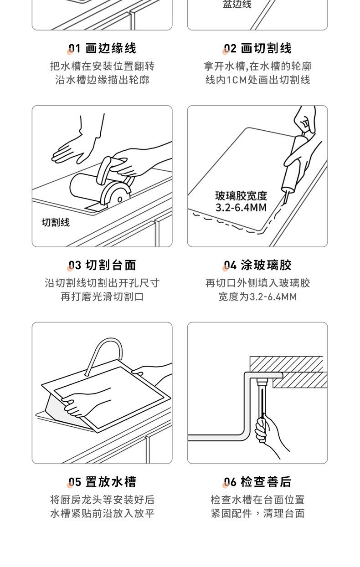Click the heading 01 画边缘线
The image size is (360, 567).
[103, 48]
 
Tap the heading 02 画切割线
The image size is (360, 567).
[257, 48]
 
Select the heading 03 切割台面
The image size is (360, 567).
[103, 265]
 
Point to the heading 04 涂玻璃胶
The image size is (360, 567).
[257, 265]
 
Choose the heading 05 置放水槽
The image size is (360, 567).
[103, 482]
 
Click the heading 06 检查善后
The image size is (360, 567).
[257, 482]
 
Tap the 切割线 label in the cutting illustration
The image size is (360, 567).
[56, 222]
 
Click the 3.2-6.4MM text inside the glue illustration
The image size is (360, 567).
[241, 208]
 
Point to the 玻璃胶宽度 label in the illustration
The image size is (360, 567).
[241, 196]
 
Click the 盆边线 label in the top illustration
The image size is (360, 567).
[237, 4]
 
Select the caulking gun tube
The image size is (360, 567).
[294, 164]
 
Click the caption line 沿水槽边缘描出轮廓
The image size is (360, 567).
[103, 80]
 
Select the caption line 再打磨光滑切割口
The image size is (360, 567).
[103, 296]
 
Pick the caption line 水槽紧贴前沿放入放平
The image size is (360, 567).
[103, 514]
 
